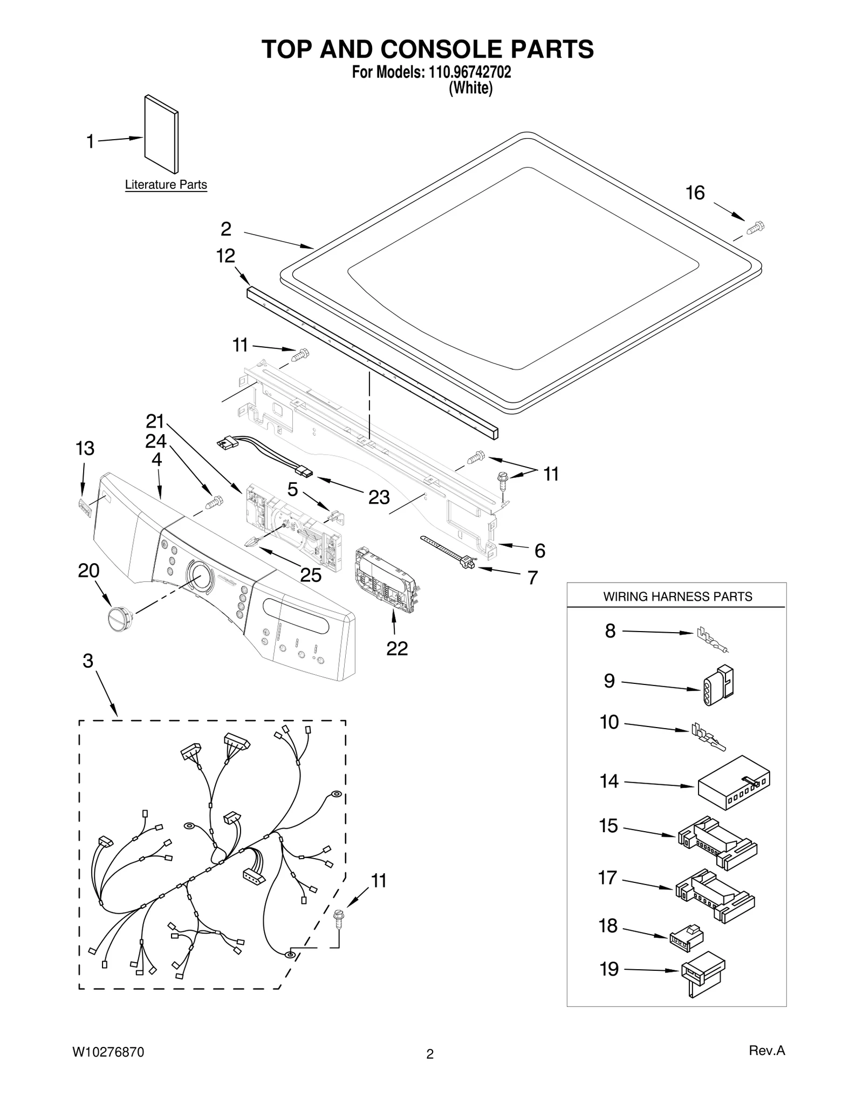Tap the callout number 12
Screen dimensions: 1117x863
click(225, 256)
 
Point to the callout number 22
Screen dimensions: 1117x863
click(397, 648)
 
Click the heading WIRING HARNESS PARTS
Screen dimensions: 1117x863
click(677, 597)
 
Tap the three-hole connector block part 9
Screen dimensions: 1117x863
click(718, 684)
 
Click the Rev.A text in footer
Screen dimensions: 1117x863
click(766, 1050)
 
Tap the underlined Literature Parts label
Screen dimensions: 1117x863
click(166, 184)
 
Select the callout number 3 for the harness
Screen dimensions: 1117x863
click(88, 661)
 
